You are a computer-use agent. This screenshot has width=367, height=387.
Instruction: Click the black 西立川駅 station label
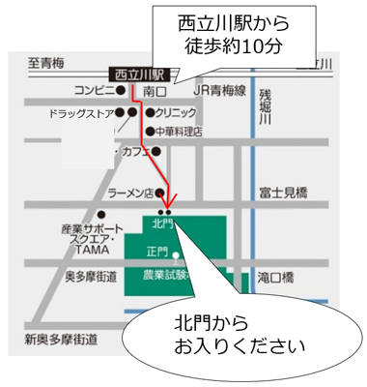[140, 74]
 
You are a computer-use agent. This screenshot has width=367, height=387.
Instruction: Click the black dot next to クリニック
[149, 112]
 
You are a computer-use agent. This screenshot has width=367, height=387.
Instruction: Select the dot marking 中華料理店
[149, 131]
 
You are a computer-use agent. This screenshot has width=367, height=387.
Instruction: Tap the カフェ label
[135, 152]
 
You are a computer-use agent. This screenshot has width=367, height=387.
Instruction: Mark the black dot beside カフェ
[155, 151]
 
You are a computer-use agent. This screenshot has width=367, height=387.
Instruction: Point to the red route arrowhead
[168, 199]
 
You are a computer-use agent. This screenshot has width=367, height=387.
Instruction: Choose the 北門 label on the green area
[162, 223]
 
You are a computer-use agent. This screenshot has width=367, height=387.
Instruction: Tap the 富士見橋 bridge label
[282, 193]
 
